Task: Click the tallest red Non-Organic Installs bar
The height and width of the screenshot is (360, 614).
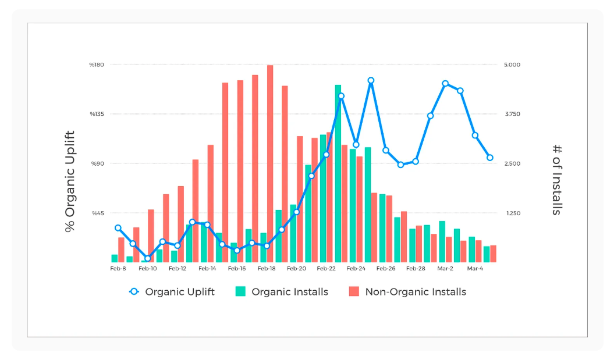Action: point(270,163)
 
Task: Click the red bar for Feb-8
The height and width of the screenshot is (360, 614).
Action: point(121,249)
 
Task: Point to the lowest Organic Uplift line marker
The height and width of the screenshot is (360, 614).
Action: point(148,258)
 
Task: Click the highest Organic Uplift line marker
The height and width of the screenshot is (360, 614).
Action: point(371,81)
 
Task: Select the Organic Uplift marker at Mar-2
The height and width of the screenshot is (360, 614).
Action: point(445,84)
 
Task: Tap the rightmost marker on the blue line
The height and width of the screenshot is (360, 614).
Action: point(490,158)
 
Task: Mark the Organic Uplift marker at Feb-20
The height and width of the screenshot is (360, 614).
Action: point(296,212)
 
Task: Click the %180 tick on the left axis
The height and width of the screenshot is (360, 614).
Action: point(97,65)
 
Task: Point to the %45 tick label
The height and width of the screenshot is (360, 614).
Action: point(97,213)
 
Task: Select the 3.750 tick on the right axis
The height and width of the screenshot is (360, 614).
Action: point(513,114)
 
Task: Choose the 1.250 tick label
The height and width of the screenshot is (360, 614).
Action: point(513,213)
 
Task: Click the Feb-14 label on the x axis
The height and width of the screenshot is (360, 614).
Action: point(207,269)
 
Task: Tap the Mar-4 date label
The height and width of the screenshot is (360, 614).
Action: point(475,269)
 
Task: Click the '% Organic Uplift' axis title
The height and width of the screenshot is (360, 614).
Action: point(70,181)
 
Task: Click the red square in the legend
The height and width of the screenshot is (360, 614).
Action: point(354,292)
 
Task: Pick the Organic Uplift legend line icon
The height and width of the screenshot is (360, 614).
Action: point(134,292)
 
